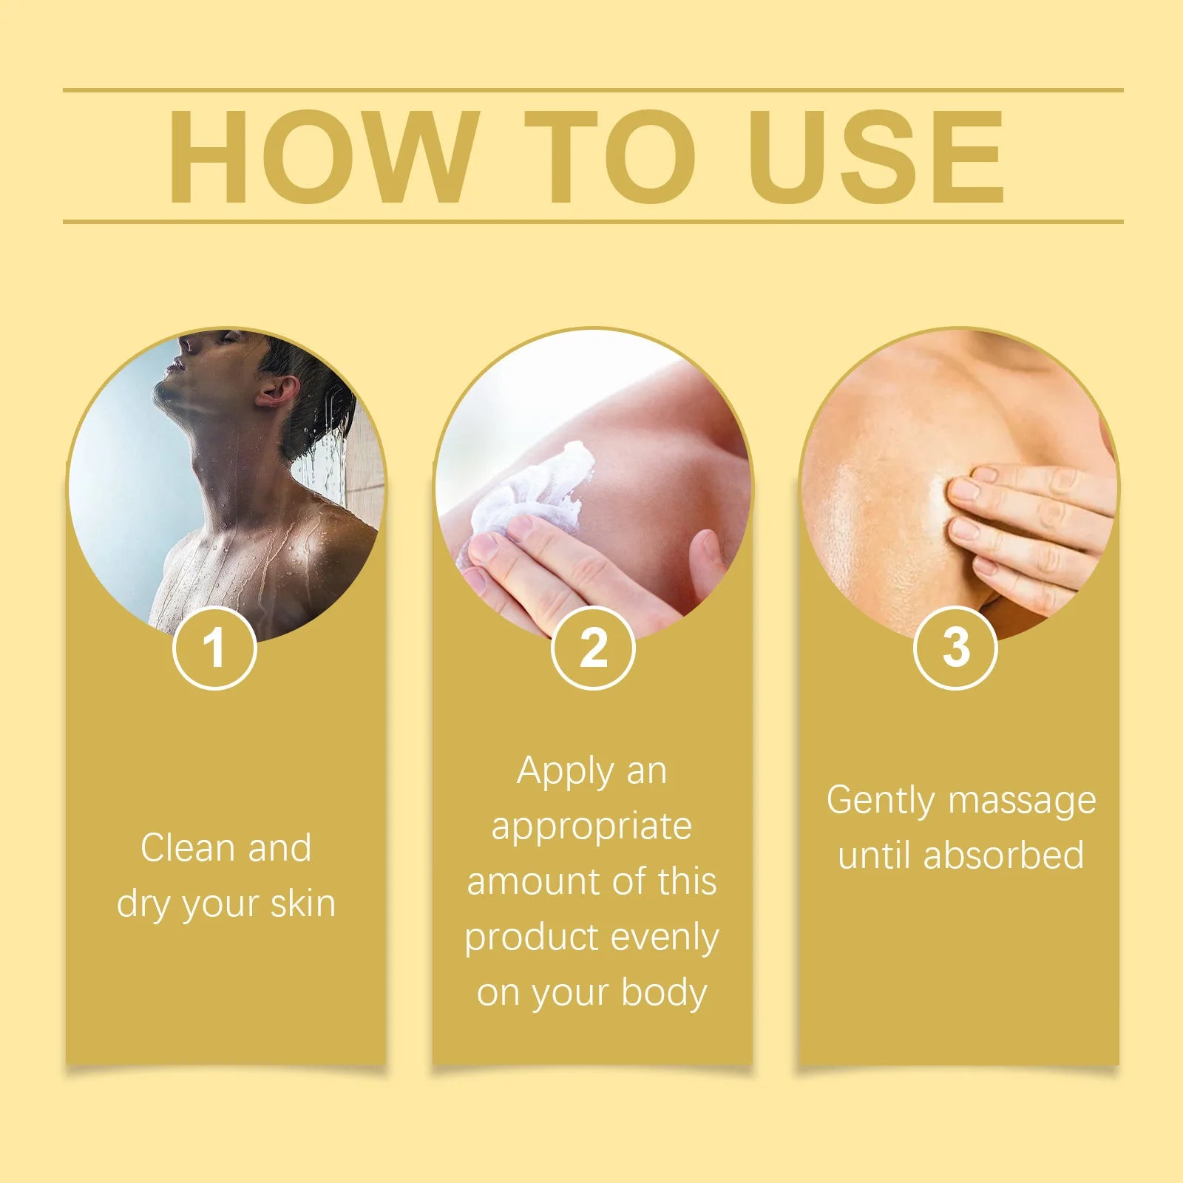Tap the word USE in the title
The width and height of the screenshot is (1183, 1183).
click(876, 156)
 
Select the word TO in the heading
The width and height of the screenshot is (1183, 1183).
click(611, 156)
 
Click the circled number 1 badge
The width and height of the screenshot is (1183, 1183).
click(214, 648)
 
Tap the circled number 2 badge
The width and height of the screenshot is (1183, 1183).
click(593, 648)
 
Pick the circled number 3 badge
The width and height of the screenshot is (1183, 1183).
click(955, 648)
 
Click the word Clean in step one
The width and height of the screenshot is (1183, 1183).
click(189, 847)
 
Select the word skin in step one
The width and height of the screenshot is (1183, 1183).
click(303, 904)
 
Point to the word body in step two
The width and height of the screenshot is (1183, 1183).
click(664, 994)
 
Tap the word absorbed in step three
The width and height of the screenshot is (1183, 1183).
click(1003, 855)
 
